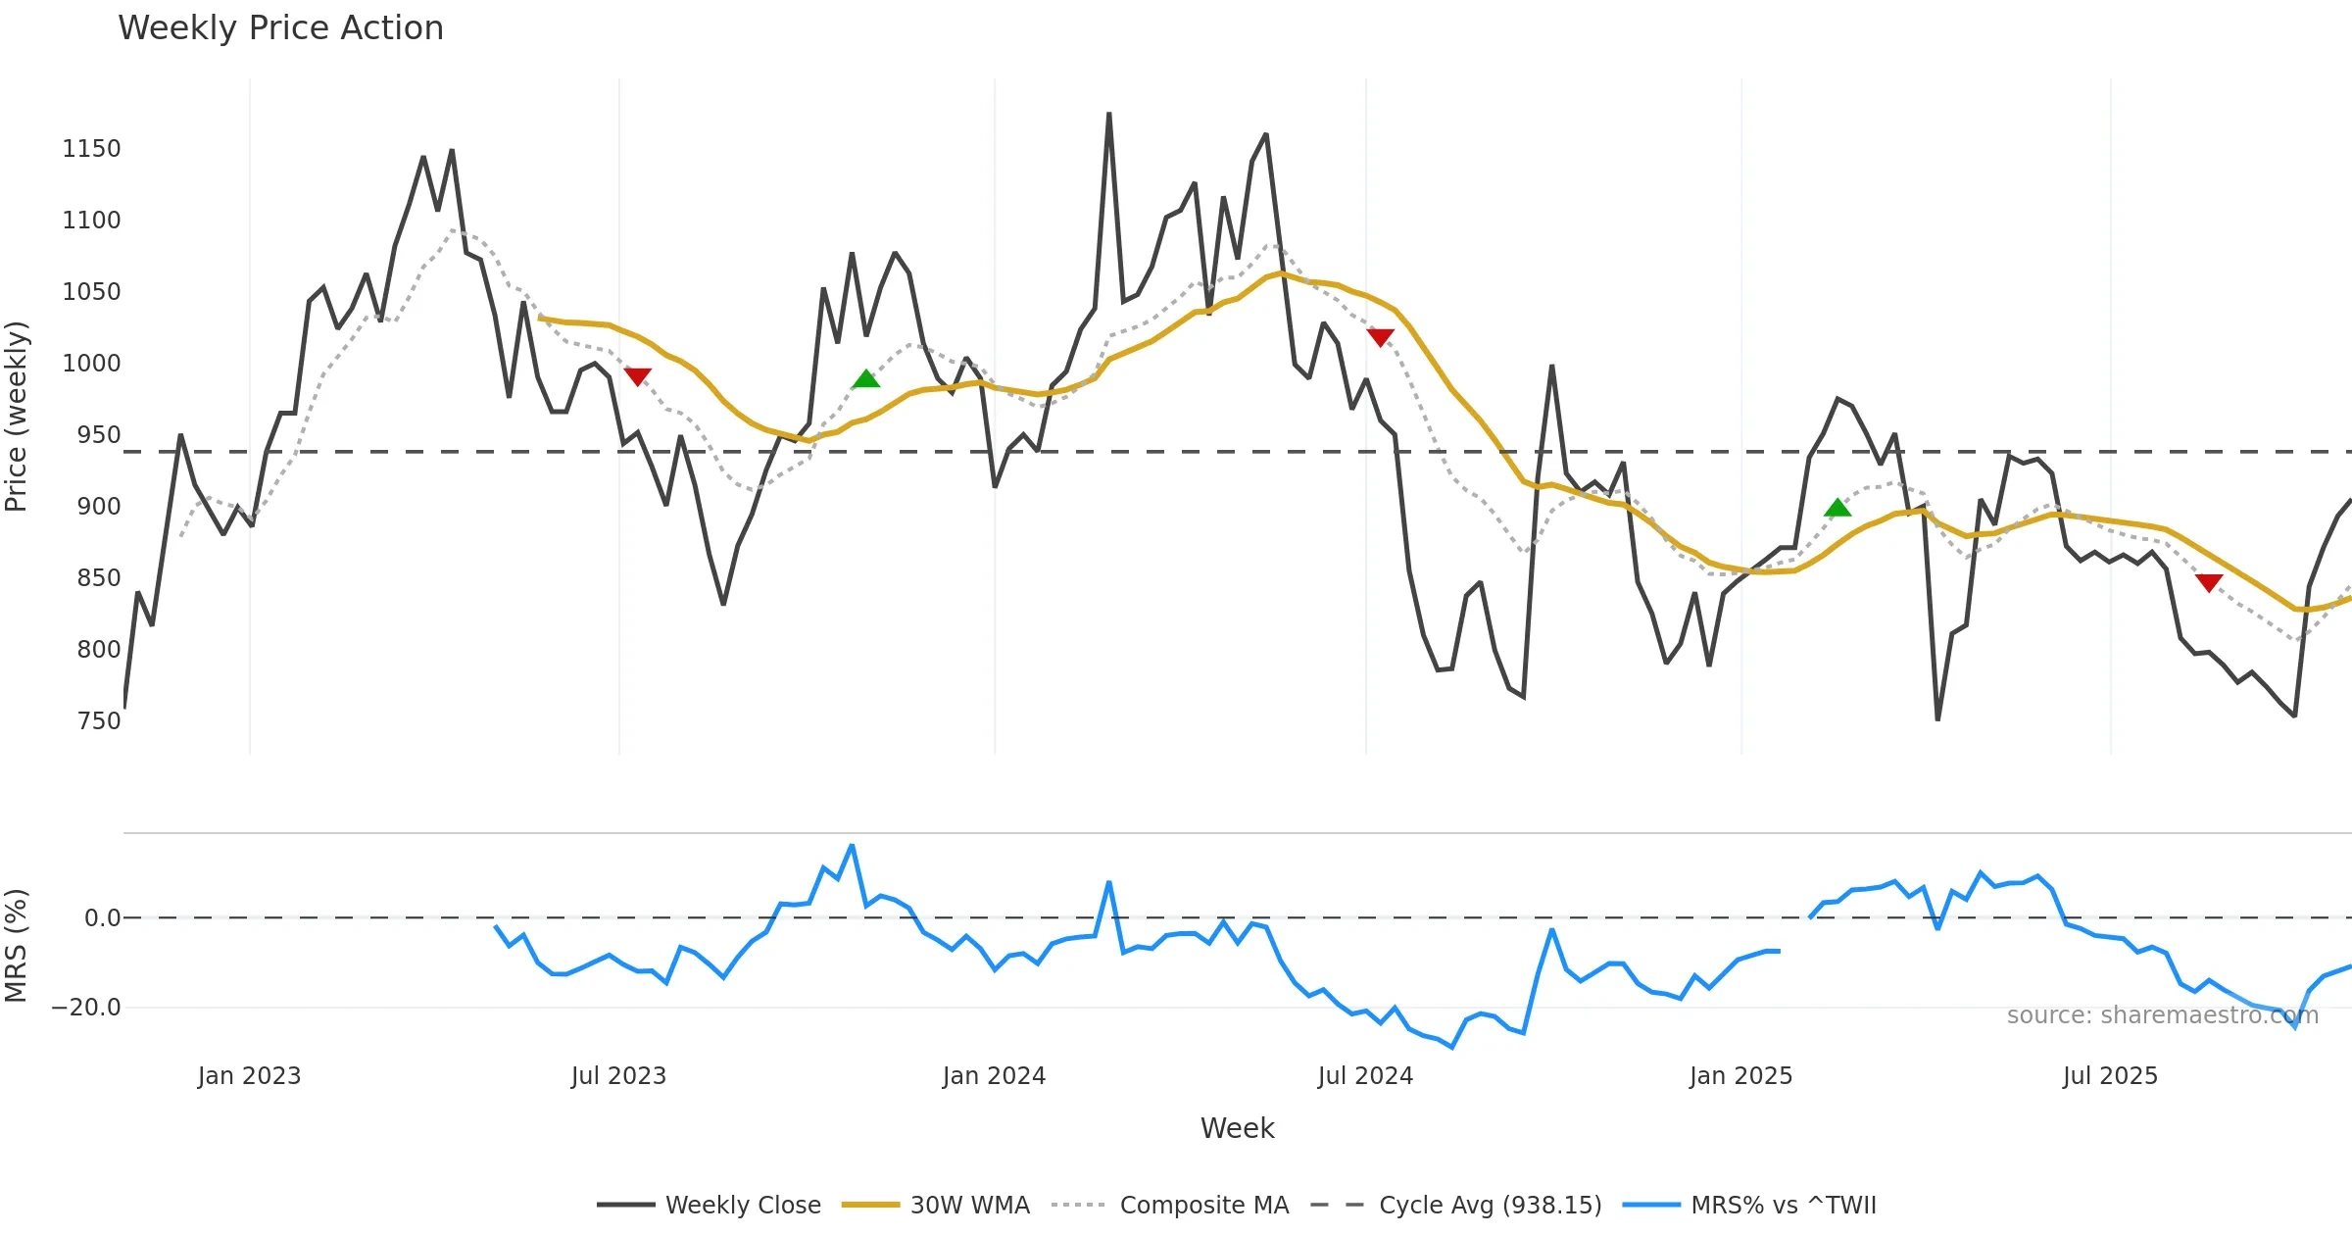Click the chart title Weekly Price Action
tap(280, 28)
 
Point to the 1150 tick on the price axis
tap(91, 149)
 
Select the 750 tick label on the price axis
tap(98, 721)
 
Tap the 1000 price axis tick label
tap(91, 364)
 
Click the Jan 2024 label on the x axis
tap(994, 1076)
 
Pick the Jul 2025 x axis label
tap(2110, 1076)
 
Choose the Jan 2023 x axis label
tap(249, 1076)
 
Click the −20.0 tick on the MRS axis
tap(86, 1008)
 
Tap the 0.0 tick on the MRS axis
tap(102, 918)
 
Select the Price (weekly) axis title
tap(17, 417)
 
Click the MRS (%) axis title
tap(17, 946)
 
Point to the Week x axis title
tap(1237, 1129)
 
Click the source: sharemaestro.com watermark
tap(2162, 1015)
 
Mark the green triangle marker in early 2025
tap(1837, 508)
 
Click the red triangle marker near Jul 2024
tap(1380, 338)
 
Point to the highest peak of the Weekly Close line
tap(1108, 115)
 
